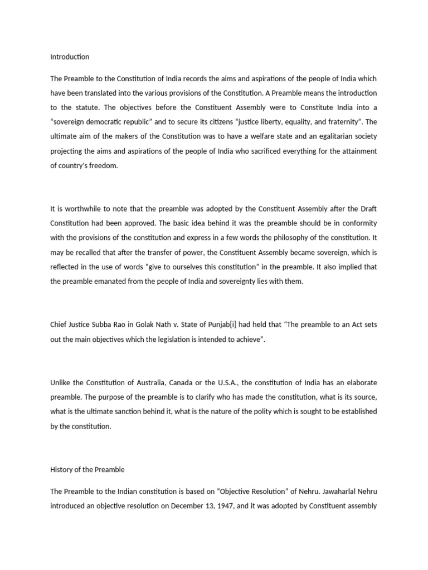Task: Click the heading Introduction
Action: click(x=70, y=57)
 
